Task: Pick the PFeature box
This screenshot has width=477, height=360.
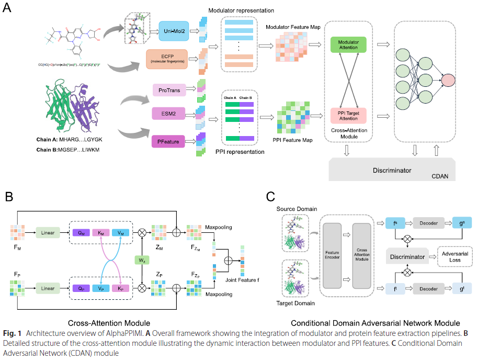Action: [x=168, y=140]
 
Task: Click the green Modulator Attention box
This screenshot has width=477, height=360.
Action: [x=349, y=44]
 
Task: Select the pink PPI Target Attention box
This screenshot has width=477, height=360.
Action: [x=349, y=114]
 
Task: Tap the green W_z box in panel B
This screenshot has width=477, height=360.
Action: [x=142, y=260]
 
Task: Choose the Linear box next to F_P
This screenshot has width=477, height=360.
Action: [x=48, y=288]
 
